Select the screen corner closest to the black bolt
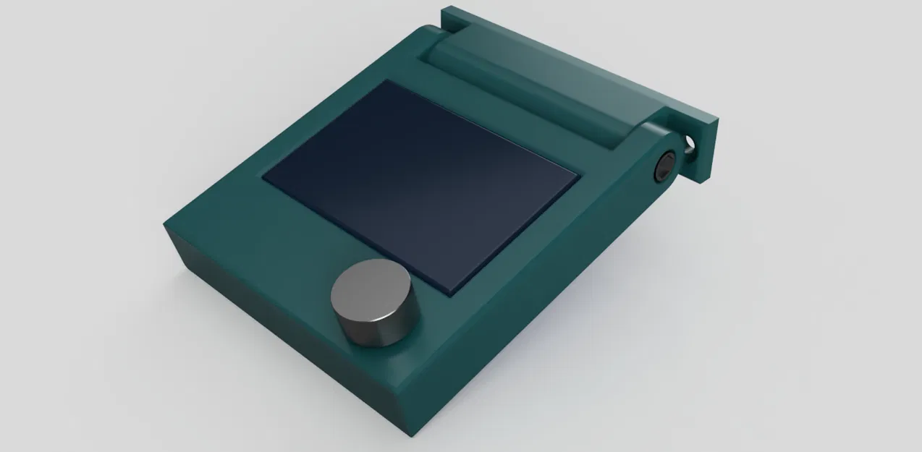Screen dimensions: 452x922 (x=579, y=176)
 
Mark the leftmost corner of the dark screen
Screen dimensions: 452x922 (x=263, y=177)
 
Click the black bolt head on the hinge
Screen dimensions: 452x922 (x=664, y=167)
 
